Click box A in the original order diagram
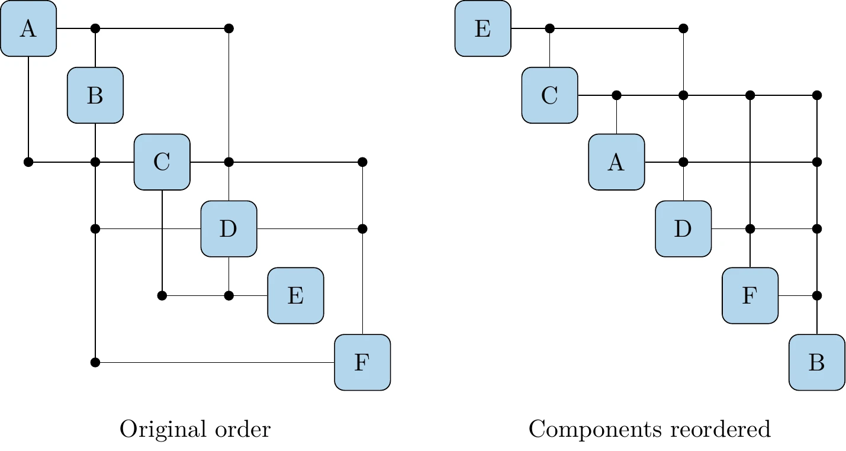pyautogui.click(x=28, y=28)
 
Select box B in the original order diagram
pyautogui.click(x=95, y=95)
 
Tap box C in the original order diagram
pyautogui.click(x=162, y=162)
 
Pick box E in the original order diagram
pyautogui.click(x=295, y=296)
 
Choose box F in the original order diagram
pyautogui.click(x=362, y=362)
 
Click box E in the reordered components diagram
pyautogui.click(x=482, y=28)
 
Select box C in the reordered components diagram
pyautogui.click(x=549, y=95)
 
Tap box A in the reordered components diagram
pyautogui.click(x=616, y=162)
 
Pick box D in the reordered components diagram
pyautogui.click(x=683, y=229)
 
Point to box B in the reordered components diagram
pyautogui.click(x=816, y=362)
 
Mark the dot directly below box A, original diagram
pyautogui.click(x=28, y=162)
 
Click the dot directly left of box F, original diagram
pyautogui.click(x=95, y=362)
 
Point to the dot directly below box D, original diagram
pyautogui.click(x=229, y=295)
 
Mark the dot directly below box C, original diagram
pyautogui.click(x=162, y=295)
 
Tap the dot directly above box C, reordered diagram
pyautogui.click(x=549, y=28)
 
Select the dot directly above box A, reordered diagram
pyautogui.click(x=616, y=95)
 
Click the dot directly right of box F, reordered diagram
pyautogui.click(x=816, y=295)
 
